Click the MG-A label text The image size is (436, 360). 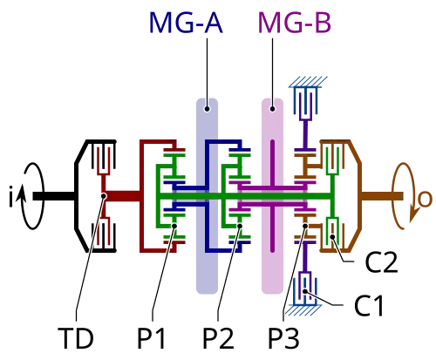pos(186,23)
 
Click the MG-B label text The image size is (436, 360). pos(295,23)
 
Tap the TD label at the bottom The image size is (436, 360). pos(76,338)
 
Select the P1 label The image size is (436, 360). pos(152,338)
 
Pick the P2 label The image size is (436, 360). pos(218,338)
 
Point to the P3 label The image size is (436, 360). pos(283,338)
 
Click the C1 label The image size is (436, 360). pos(369,306)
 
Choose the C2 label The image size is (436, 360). pos(381,262)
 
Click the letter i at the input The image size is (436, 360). pos(11,196)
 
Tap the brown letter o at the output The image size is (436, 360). pos(425,200)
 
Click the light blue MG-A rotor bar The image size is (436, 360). pos(207,196)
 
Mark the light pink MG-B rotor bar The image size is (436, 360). pos(272,196)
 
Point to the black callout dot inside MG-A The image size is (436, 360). pos(207,109)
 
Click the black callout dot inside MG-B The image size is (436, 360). pos(272,109)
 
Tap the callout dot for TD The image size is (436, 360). pos(104,196)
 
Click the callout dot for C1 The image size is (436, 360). pos(305,291)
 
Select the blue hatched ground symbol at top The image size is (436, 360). pos(308,82)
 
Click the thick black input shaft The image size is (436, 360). pos(54,196)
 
